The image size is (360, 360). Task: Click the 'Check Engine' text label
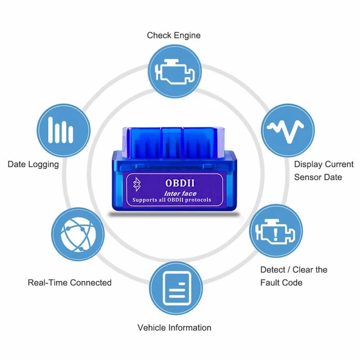(x=173, y=35)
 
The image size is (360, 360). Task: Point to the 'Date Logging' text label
(x=33, y=164)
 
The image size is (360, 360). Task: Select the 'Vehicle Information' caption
(x=174, y=328)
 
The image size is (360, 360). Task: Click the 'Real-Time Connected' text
(x=70, y=282)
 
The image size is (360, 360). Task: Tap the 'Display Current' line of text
(x=324, y=164)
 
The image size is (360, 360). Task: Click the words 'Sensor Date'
(x=317, y=178)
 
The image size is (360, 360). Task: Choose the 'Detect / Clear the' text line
(x=294, y=269)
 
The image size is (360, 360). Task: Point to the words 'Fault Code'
(x=281, y=283)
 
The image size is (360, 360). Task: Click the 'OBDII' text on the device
(x=180, y=182)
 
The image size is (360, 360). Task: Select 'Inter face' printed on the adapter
(x=181, y=193)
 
